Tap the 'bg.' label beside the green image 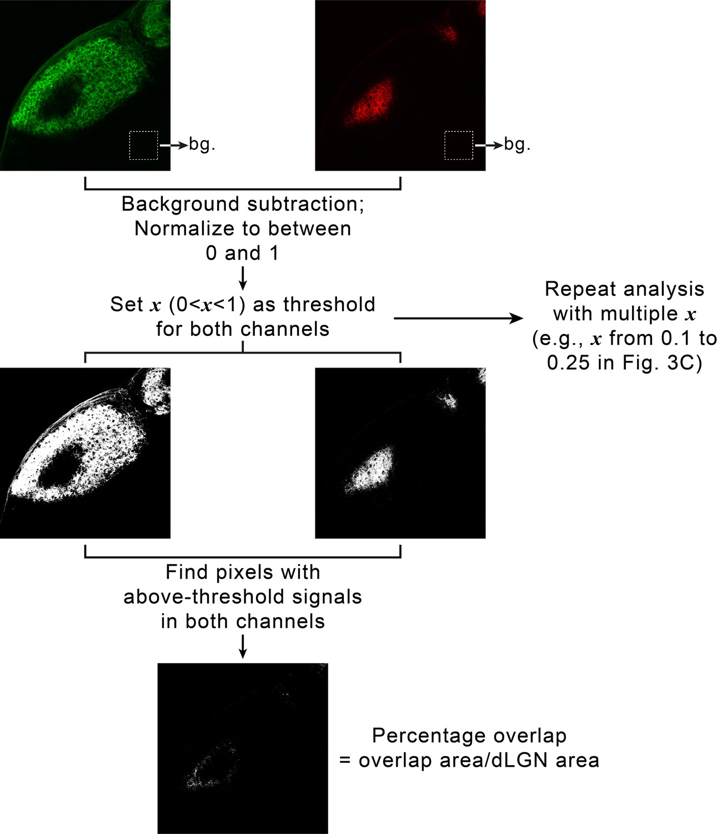point(202,145)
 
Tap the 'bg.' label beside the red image point(517,145)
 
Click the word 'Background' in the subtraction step point(181,203)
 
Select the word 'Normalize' point(185,229)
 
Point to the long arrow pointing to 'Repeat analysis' point(458,319)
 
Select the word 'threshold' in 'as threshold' point(329,304)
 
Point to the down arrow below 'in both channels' point(243,647)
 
